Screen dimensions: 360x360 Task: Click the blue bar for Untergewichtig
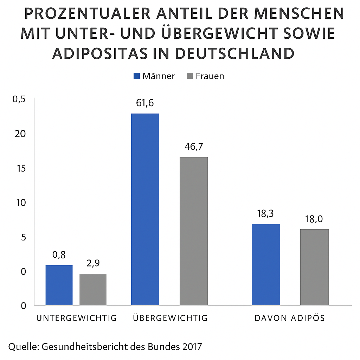click(x=59, y=285)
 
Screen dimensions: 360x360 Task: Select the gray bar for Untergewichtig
click(x=93, y=289)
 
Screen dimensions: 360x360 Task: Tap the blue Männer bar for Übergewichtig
click(x=145, y=209)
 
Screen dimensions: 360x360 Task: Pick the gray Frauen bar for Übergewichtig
click(x=193, y=231)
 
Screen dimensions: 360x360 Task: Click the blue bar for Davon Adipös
click(x=266, y=264)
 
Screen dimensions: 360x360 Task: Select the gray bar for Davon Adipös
click(x=314, y=267)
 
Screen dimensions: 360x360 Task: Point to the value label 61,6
click(x=145, y=103)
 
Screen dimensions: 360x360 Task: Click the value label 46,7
click(x=193, y=147)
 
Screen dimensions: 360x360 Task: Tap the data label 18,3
click(x=266, y=214)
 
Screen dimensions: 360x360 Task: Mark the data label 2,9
click(x=93, y=263)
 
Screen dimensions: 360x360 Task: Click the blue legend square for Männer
click(x=136, y=76)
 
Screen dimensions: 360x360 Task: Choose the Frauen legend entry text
click(x=210, y=76)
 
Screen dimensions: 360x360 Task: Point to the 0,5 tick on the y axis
click(x=19, y=99)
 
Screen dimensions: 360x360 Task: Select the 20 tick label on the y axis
click(x=21, y=134)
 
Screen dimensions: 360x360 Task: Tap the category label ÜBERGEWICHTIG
click(x=171, y=318)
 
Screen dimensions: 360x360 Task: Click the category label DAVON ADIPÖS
click(x=289, y=318)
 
